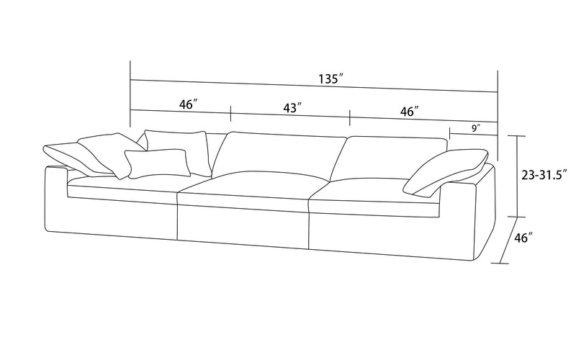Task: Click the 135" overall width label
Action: pyautogui.click(x=330, y=79)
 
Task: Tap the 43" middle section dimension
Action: pyautogui.click(x=292, y=108)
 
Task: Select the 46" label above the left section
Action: pyautogui.click(x=189, y=104)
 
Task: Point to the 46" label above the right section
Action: pyautogui.click(x=409, y=112)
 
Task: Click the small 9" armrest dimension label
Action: pyautogui.click(x=476, y=128)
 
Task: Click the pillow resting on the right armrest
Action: pyautogui.click(x=446, y=171)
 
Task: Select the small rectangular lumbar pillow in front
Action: pyautogui.click(x=157, y=163)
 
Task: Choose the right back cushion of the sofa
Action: pyautogui.click(x=388, y=158)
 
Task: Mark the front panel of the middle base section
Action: pyautogui.click(x=243, y=225)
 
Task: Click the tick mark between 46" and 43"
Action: pyautogui.click(x=230, y=114)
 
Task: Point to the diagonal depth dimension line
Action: pyautogui.click(x=509, y=240)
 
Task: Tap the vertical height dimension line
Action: pyautogui.click(x=518, y=176)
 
